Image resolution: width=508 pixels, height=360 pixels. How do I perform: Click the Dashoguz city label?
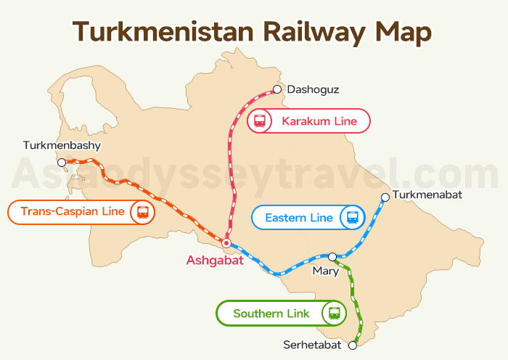tap(313, 90)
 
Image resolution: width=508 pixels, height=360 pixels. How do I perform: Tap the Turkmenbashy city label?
tap(62, 146)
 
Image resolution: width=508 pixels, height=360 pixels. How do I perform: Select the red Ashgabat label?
tap(214, 260)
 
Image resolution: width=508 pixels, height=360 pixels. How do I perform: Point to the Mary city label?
tap(325, 271)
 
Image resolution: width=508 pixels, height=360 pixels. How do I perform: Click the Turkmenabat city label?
tap(427, 195)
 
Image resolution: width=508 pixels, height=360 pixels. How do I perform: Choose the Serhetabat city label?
tap(314, 345)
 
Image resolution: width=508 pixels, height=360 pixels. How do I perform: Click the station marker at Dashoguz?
tap(276, 89)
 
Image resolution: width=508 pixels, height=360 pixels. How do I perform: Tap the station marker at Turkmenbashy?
tap(62, 163)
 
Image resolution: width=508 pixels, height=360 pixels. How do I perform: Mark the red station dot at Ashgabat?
tap(226, 243)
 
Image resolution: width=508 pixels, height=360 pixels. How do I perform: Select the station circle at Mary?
tap(332, 256)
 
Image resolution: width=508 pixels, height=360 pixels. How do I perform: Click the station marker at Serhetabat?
tap(353, 345)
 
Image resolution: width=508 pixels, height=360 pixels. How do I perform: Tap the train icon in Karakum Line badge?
tap(259, 121)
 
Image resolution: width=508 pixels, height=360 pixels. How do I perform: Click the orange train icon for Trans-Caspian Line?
tap(142, 212)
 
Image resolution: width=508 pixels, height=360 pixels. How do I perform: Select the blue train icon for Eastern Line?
tap(353, 217)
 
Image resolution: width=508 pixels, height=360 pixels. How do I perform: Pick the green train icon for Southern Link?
tap(334, 314)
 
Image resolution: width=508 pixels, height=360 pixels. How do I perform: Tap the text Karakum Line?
tap(319, 121)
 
